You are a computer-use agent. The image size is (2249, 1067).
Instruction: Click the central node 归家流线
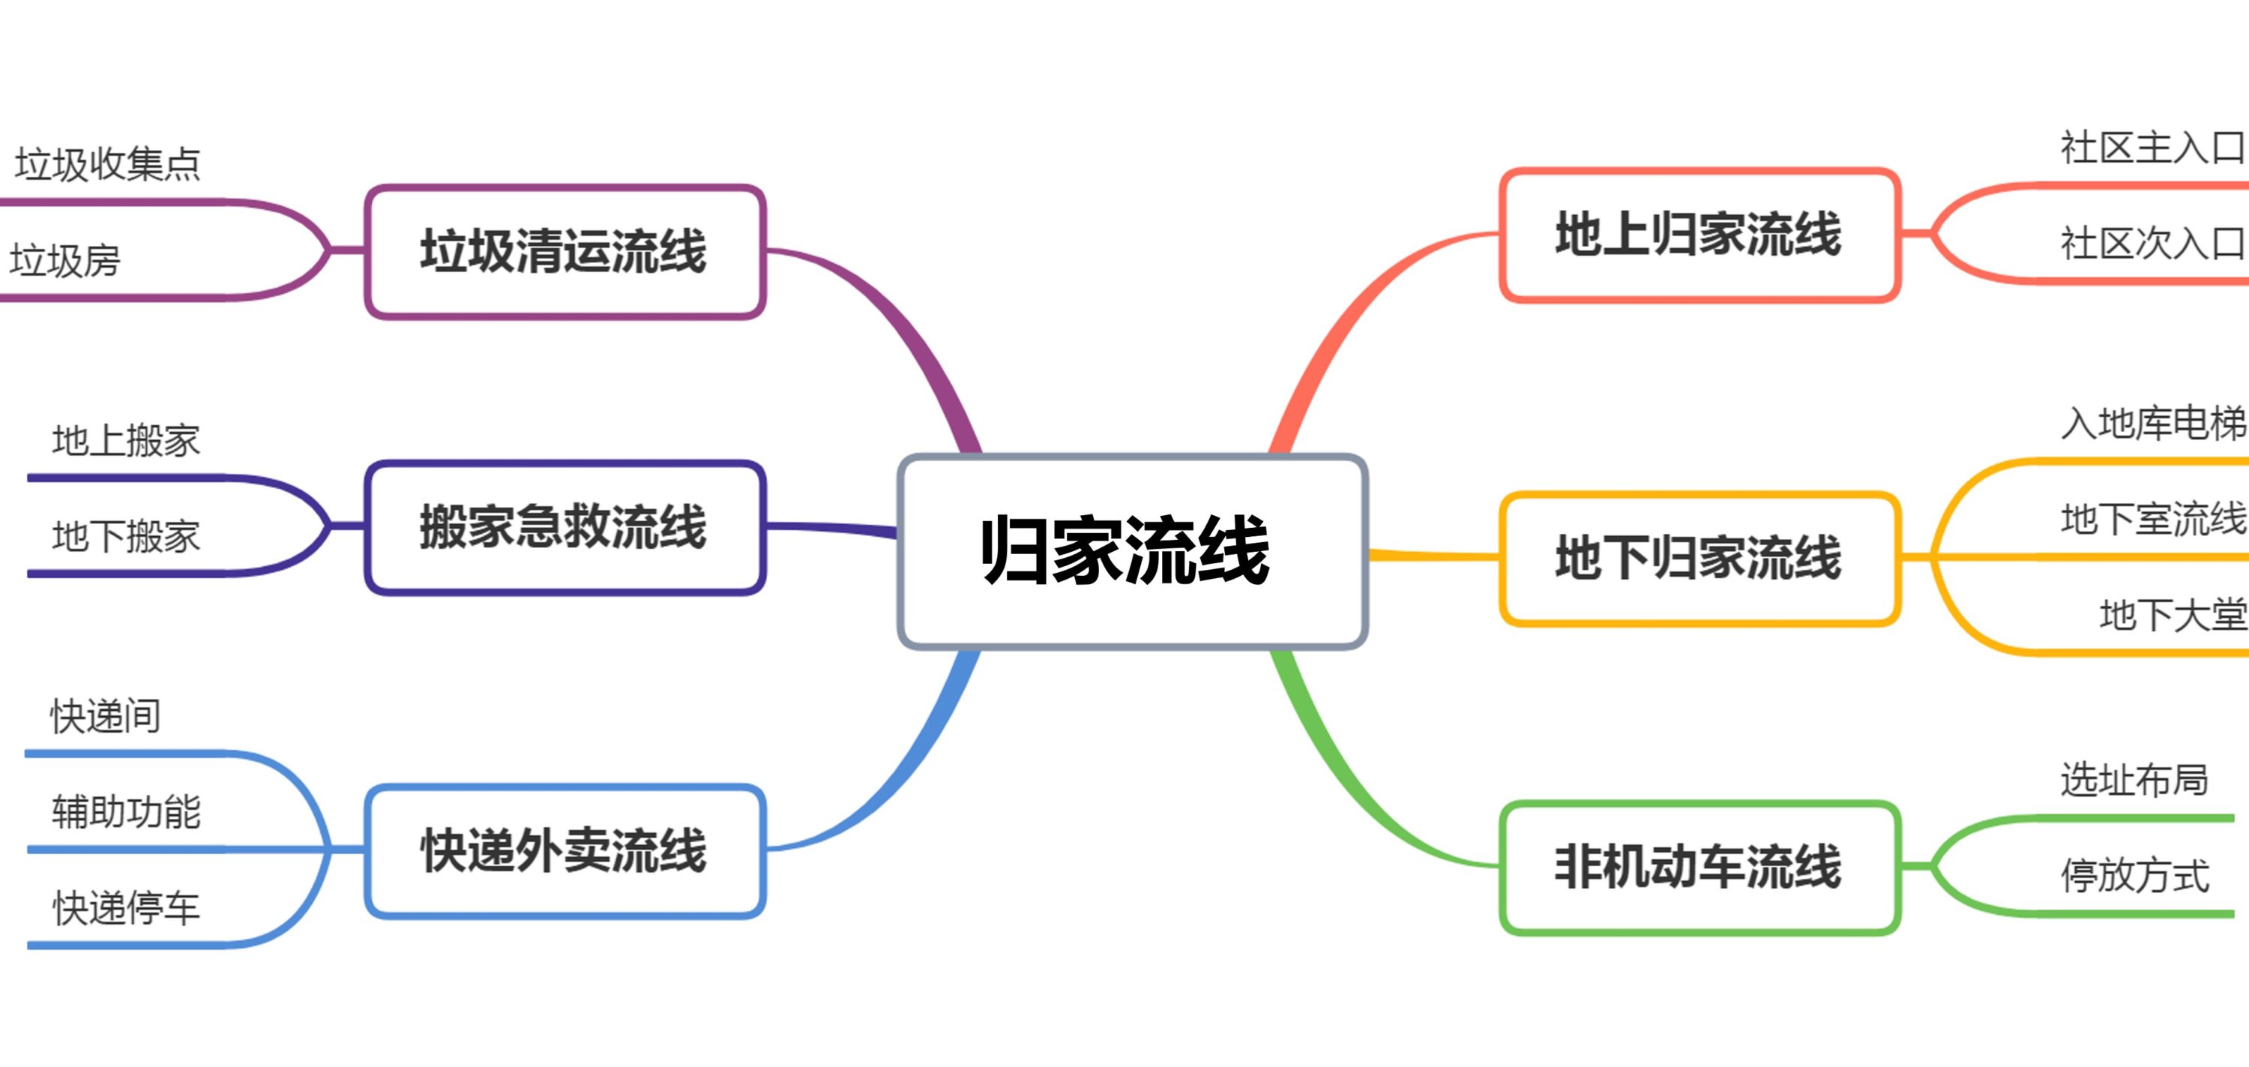coord(1132,551)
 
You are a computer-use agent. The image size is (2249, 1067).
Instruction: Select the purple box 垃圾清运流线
coord(564,251)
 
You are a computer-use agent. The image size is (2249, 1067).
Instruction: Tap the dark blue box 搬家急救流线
coord(564,527)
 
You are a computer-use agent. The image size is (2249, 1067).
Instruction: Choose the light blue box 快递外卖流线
coord(564,850)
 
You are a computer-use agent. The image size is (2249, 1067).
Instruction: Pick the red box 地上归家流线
coord(1699,235)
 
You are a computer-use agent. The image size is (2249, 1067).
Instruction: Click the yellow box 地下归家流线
coord(1699,558)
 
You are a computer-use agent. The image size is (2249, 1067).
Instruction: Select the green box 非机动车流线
coord(1699,867)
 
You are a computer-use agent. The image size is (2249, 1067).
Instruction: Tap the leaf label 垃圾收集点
coord(107,164)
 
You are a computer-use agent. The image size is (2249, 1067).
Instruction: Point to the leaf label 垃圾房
coord(64,260)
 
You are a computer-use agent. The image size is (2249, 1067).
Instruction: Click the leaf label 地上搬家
coord(126,440)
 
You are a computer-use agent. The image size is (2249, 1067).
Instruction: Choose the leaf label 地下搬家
coord(126,536)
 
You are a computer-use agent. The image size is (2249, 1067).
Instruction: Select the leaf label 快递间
coord(106,716)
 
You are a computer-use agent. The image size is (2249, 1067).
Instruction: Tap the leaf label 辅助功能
coord(126,812)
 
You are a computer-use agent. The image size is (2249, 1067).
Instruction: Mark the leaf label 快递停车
coord(126,908)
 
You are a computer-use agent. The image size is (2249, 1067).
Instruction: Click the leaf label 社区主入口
coord(2154,148)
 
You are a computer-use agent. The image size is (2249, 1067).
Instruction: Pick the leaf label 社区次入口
coord(2154,244)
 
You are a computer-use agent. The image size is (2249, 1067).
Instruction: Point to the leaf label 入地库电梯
coord(2154,424)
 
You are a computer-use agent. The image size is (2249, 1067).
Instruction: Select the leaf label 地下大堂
coord(2173,616)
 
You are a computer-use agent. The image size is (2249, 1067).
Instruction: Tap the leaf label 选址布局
coord(2134,780)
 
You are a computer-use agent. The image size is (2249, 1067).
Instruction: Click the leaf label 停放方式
coord(2134,876)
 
